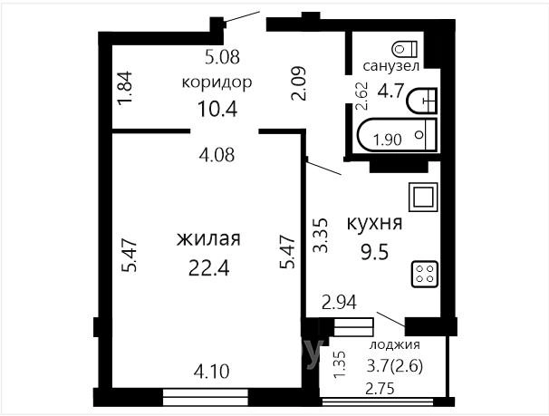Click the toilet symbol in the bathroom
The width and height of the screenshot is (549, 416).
tap(405, 49)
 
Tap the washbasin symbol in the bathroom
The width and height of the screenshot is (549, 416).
tap(422, 101)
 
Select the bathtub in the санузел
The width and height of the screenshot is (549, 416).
tap(397, 136)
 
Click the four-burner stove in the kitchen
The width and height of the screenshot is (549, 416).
tap(425, 275)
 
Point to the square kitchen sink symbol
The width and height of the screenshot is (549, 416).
tap(424, 198)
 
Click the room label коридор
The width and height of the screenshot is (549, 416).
tap(217, 83)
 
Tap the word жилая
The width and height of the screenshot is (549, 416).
tap(208, 239)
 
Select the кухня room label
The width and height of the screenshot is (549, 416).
tap(374, 223)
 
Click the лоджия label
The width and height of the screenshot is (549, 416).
tap(395, 345)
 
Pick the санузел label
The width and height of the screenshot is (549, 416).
tap(391, 66)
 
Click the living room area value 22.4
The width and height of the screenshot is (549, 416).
tap(208, 269)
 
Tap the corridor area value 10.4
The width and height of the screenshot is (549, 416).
tap(217, 109)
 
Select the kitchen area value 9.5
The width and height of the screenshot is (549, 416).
tap(375, 253)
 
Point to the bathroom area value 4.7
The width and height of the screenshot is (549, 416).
tap(391, 91)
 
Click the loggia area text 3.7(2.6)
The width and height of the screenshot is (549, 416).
tap(395, 367)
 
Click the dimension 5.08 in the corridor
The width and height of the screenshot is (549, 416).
tap(222, 57)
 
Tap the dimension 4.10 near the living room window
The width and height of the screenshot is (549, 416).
tap(211, 372)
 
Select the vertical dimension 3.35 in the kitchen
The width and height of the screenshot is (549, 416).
tap(321, 235)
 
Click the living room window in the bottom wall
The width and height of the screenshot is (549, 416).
tap(205, 398)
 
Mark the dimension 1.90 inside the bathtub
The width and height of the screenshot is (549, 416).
tap(387, 140)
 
